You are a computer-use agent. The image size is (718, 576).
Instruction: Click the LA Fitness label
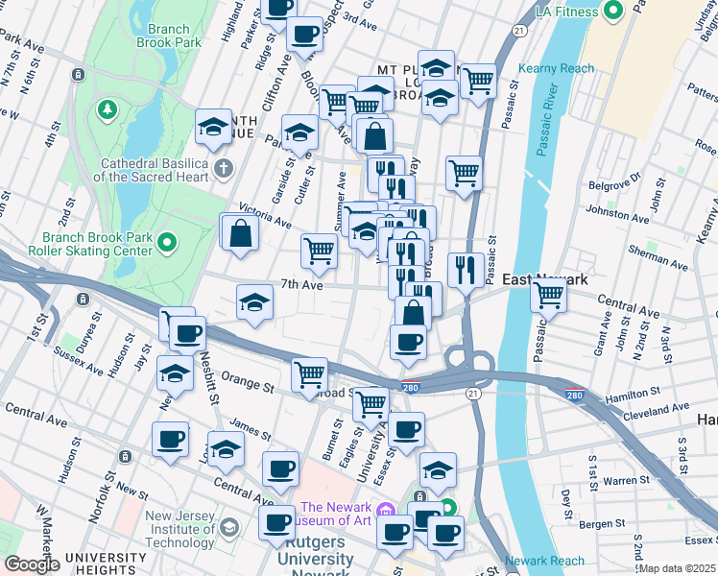click(x=567, y=12)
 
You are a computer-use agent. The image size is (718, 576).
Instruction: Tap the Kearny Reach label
click(x=556, y=68)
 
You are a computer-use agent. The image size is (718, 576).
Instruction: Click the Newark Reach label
click(x=544, y=561)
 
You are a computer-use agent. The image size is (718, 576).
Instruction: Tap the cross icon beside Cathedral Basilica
click(x=224, y=170)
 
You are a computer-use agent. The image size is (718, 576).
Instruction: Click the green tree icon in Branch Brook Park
click(x=105, y=111)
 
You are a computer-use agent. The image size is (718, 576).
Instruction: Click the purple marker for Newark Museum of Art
click(x=386, y=508)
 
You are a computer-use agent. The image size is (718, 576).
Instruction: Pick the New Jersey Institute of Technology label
click(x=182, y=530)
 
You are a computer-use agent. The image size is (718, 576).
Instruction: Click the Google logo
click(x=33, y=564)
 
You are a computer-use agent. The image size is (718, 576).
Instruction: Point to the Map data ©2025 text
click(x=678, y=568)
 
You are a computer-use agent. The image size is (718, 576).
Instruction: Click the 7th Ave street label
click(x=299, y=285)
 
